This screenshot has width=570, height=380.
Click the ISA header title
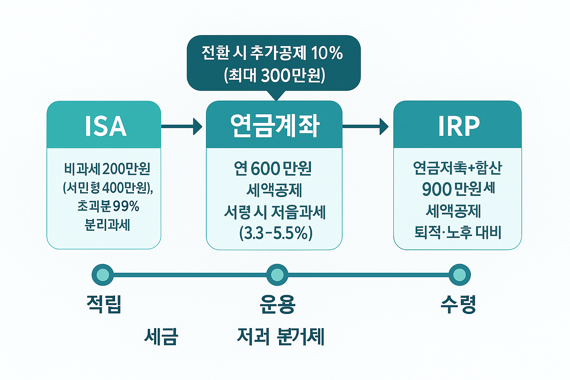(106, 126)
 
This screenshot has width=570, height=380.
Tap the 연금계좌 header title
(275, 125)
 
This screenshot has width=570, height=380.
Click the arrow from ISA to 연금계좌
(182, 127)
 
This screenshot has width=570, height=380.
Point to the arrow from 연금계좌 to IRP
(366, 127)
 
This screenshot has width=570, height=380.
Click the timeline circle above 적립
(103, 275)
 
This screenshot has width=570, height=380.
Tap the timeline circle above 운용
(277, 275)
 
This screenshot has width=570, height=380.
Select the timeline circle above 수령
(459, 275)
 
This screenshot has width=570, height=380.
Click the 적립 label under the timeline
(104, 304)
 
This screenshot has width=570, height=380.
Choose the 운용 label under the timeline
(278, 304)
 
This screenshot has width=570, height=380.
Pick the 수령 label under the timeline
(459, 304)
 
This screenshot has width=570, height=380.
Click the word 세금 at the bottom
(161, 337)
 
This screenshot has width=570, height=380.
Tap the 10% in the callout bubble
(327, 53)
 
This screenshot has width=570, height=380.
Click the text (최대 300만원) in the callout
(275, 75)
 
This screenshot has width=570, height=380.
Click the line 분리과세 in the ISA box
(107, 225)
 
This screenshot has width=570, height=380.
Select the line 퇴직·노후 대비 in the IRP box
(458, 233)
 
